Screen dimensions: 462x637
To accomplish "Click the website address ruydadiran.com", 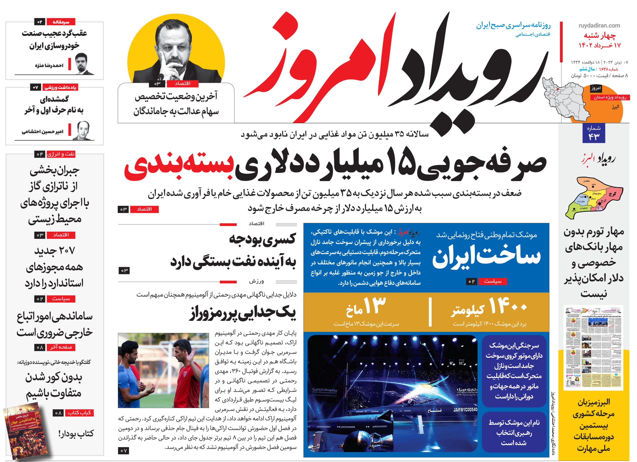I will coord(599,26).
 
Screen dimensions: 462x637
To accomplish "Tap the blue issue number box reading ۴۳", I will coord(593,133).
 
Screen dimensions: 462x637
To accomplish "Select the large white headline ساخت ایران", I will coord(486,256).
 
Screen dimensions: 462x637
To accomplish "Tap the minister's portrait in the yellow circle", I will coord(176,53).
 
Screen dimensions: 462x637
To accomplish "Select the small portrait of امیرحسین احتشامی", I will coord(83,130).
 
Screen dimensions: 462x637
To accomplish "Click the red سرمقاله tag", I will coord(61,22).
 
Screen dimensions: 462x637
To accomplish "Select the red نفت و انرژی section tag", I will coord(61,154).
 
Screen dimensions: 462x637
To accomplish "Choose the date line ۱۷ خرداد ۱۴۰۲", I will coord(599,45).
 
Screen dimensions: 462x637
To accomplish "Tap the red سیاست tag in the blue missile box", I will coord(493,281).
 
